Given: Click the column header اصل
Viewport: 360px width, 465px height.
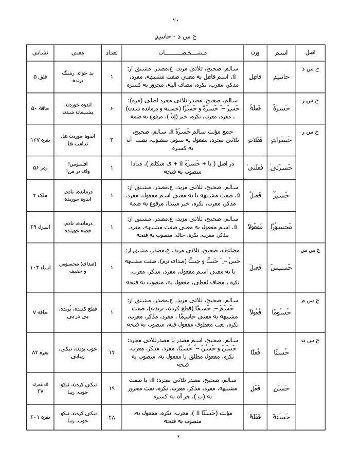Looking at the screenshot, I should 311,53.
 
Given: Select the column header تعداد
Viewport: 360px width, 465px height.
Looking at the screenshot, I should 113,53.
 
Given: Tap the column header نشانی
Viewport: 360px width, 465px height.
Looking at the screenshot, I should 40,53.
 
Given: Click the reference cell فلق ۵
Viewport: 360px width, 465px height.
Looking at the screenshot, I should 40,77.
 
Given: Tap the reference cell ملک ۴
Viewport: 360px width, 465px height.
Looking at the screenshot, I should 40,195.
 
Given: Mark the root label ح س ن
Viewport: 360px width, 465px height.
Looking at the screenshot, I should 311,340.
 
